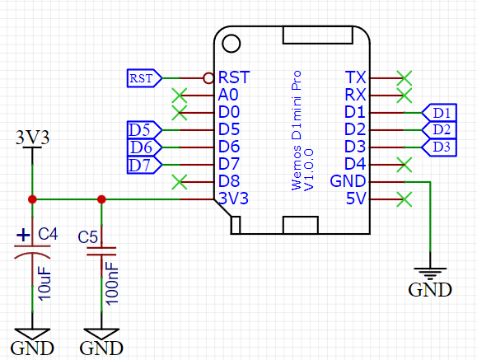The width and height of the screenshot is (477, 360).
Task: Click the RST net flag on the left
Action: [144, 78]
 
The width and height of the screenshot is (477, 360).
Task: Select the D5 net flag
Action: [144, 130]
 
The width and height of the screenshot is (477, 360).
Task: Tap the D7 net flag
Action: [144, 165]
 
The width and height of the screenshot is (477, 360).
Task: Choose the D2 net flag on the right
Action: [439, 130]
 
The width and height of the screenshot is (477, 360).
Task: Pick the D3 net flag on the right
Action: [439, 147]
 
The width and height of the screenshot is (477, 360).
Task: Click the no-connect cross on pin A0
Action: [180, 96]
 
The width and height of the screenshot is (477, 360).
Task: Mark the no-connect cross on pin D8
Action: [180, 182]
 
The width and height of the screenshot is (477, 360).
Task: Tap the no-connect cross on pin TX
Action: [405, 78]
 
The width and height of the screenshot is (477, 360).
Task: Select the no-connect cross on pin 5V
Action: [405, 199]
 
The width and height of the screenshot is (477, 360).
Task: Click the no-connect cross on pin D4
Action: [405, 165]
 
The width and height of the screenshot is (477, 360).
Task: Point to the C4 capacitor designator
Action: [48, 234]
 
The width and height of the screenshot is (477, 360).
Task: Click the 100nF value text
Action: [112, 283]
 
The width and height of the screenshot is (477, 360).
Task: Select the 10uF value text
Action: [44, 283]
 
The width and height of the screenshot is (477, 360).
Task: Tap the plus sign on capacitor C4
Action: [23, 236]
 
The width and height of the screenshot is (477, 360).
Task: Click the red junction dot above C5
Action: [101, 199]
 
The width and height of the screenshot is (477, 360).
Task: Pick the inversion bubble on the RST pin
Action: [208, 78]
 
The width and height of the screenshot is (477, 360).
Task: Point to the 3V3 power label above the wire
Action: [33, 138]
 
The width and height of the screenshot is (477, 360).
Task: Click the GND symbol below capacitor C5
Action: [101, 342]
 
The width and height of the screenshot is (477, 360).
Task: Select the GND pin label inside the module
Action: [348, 181]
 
